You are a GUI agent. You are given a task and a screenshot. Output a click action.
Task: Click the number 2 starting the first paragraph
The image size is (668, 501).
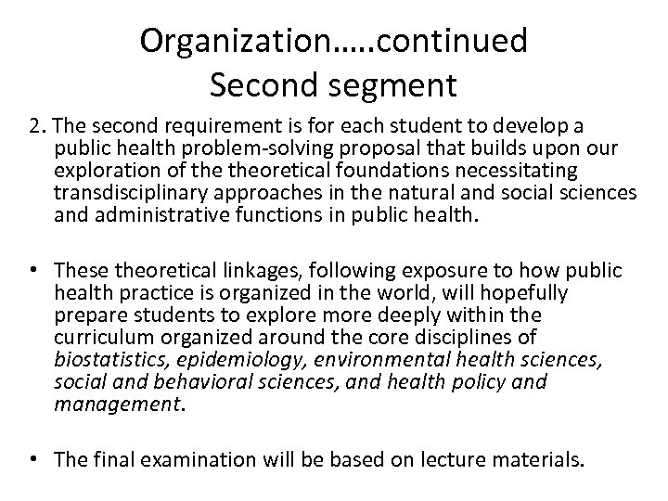pos(33,125)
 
